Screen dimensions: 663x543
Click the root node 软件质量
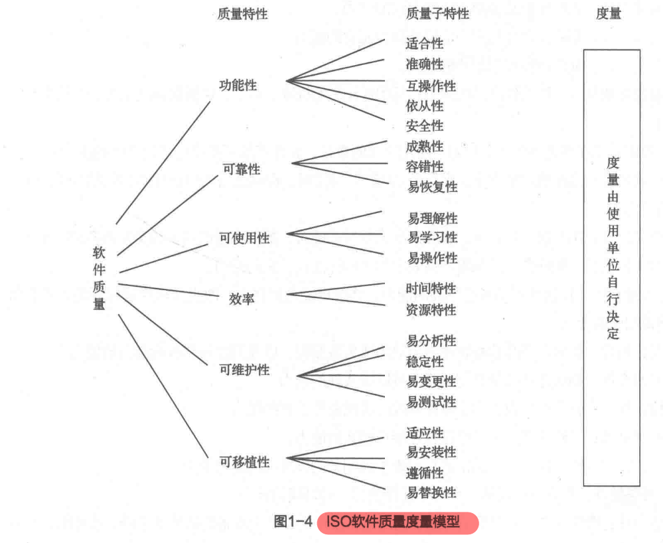pos(99,279)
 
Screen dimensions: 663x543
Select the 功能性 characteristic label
pos(238,85)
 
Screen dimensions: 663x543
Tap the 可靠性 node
pos(242,169)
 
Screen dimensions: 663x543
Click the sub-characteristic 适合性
pos(425,44)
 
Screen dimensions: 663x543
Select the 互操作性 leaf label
pos(431,86)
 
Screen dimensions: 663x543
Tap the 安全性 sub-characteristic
pos(425,125)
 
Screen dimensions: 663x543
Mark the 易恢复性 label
pos(433,187)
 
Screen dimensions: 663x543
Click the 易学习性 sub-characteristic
pos(433,237)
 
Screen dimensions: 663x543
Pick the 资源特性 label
pos(431,309)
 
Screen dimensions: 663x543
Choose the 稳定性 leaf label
pos(425,362)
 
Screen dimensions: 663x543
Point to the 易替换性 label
pos(431,493)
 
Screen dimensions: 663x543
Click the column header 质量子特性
pos(437,13)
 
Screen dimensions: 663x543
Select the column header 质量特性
pos(242,13)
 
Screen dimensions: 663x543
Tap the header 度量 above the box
pos(609,13)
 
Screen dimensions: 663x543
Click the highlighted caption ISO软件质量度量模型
pos(398,522)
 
